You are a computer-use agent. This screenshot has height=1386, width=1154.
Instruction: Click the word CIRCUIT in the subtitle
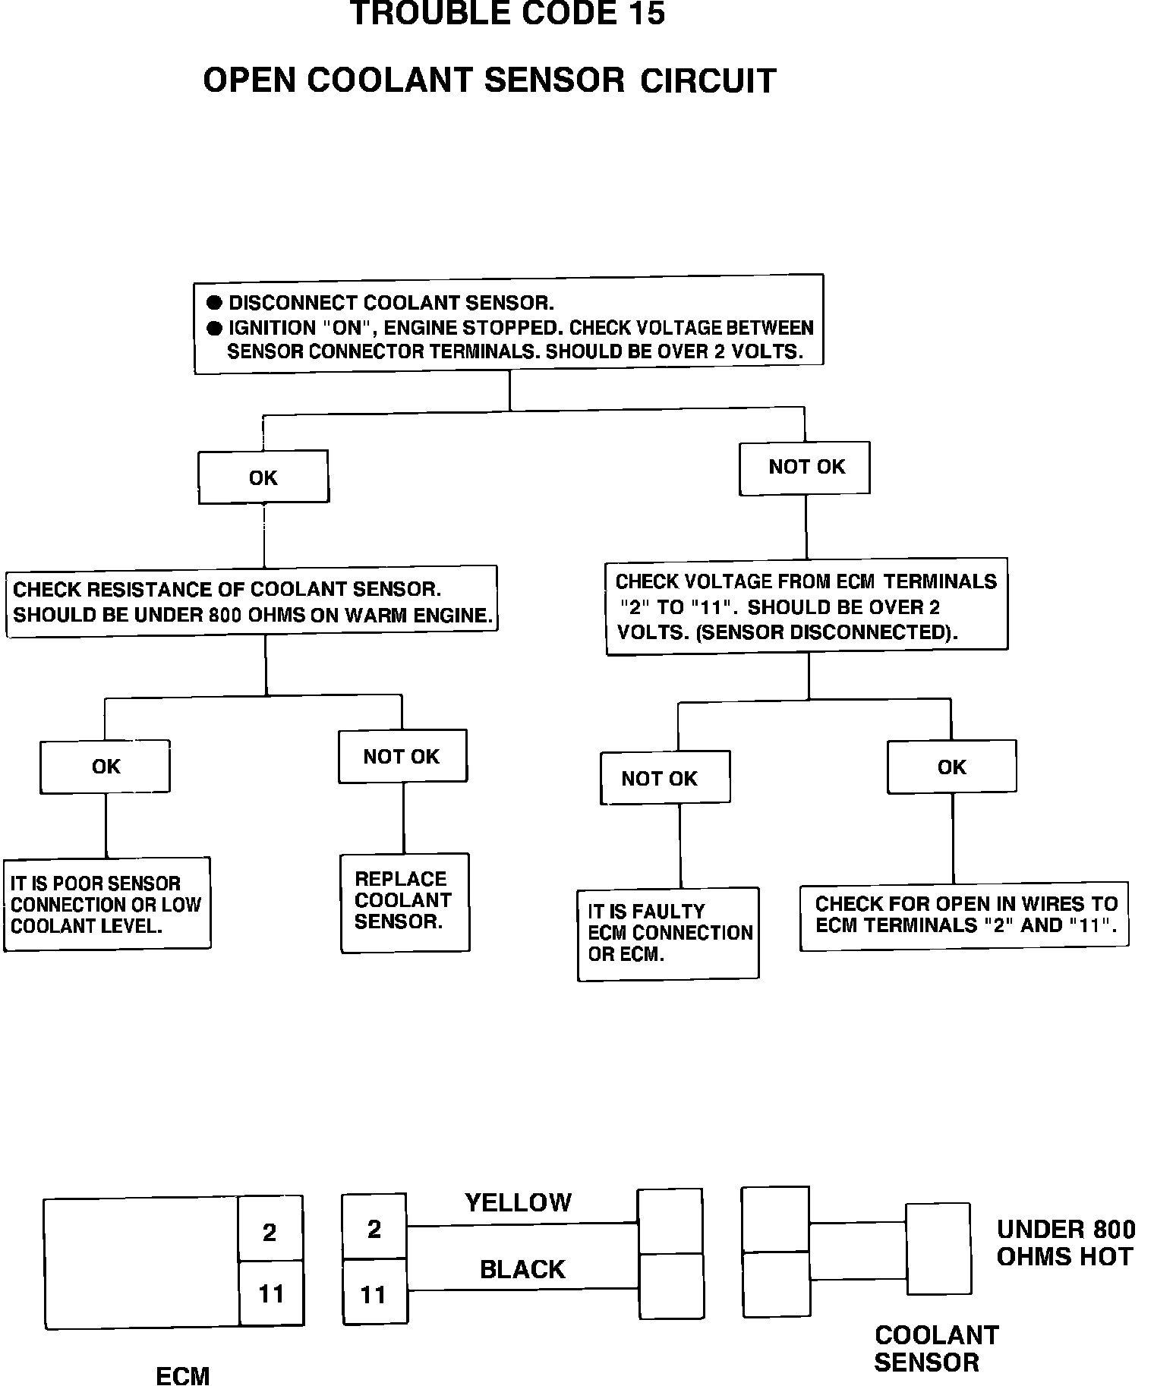(x=708, y=80)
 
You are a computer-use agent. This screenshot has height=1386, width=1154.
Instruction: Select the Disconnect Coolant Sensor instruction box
(x=509, y=323)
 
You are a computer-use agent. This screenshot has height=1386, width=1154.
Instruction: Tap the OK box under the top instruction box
(x=263, y=477)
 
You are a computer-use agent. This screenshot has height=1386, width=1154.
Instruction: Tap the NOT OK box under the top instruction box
(x=806, y=468)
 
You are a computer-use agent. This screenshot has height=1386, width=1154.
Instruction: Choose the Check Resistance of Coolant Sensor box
(x=251, y=602)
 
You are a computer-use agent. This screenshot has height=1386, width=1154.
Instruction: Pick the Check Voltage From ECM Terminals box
(x=806, y=606)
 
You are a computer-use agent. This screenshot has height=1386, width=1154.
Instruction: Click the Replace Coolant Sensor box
(x=405, y=902)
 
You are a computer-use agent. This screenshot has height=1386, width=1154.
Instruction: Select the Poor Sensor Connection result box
(x=106, y=904)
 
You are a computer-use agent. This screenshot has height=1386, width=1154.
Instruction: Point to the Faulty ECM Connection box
(x=668, y=933)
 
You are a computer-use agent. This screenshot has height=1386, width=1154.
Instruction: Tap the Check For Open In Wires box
(x=964, y=915)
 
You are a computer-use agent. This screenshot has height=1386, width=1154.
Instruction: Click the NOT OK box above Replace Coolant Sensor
(x=402, y=756)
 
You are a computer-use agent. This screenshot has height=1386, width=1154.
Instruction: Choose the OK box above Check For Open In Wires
(x=951, y=767)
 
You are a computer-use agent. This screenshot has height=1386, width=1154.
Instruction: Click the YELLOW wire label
(x=518, y=1202)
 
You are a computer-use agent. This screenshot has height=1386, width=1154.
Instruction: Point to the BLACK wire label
(x=522, y=1269)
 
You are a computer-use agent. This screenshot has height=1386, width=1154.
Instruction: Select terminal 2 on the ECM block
(x=270, y=1232)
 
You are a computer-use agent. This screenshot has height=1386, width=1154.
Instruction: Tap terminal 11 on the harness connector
(x=374, y=1294)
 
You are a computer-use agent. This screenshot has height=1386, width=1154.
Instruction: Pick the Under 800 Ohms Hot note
(x=1065, y=1243)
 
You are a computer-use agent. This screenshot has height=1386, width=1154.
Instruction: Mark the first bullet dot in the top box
(x=215, y=303)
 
